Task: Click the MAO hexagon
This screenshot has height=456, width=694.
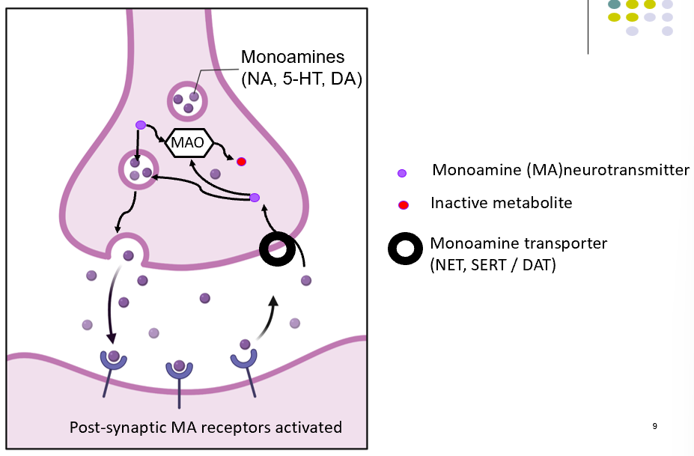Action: [x=189, y=142]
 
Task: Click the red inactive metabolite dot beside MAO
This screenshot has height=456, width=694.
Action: [x=241, y=161]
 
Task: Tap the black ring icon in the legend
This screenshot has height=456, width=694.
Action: [x=406, y=249]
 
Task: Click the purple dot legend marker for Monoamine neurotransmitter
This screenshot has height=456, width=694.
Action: [x=402, y=173]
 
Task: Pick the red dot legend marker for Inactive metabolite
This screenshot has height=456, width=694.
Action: [x=402, y=204]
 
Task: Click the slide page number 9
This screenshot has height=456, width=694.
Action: [x=654, y=426]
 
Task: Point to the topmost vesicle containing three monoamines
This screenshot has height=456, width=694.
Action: [x=186, y=101]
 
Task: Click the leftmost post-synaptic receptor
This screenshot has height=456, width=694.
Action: [x=114, y=362]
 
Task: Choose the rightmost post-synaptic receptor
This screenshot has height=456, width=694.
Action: [x=245, y=357]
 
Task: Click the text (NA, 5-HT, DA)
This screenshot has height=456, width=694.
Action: [x=301, y=78]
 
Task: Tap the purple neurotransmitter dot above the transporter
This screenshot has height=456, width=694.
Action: [x=255, y=198]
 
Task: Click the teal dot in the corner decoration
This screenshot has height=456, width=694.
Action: [x=614, y=4]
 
